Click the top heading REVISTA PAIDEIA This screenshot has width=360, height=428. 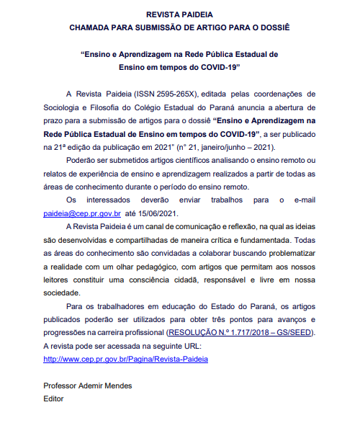[x=179, y=14]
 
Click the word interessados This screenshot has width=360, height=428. [x=107, y=199]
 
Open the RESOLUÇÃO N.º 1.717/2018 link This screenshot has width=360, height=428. [x=240, y=332]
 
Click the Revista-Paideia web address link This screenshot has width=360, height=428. [x=125, y=359]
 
